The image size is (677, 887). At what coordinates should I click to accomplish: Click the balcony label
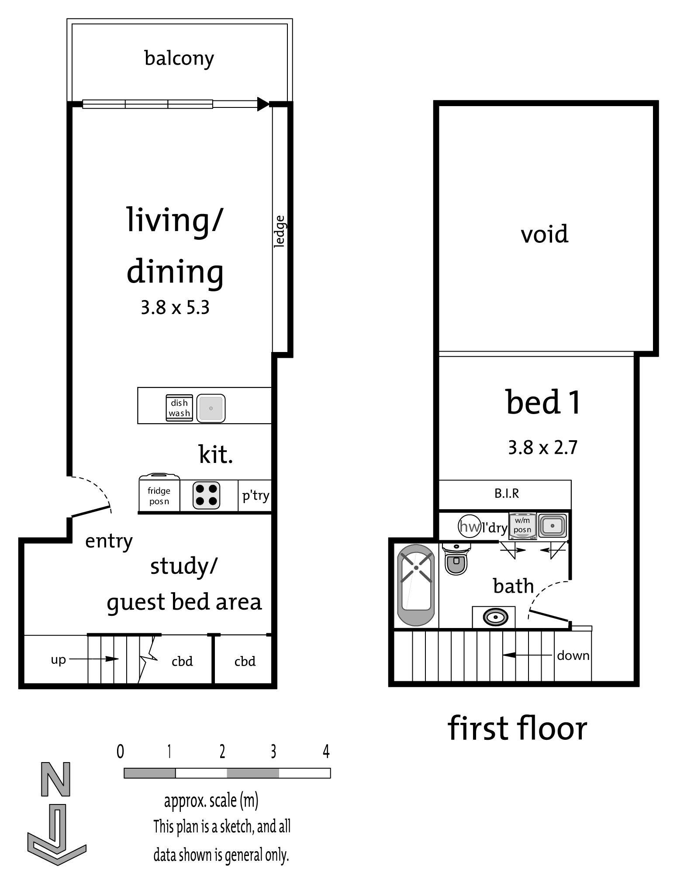pyautogui.click(x=179, y=59)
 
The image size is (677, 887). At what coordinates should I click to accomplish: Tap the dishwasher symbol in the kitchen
pyautogui.click(x=179, y=408)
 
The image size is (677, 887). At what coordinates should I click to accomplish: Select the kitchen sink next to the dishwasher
pyautogui.click(x=211, y=408)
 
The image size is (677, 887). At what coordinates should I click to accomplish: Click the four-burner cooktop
pyautogui.click(x=206, y=495)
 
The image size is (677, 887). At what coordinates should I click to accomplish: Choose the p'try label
pyautogui.click(x=256, y=496)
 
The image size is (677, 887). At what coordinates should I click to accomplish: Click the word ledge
pyautogui.click(x=280, y=231)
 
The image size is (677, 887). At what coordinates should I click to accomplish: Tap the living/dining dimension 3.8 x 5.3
pyautogui.click(x=175, y=308)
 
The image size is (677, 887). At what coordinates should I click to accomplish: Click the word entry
pyautogui.click(x=109, y=542)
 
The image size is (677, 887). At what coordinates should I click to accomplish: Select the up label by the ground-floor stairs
pyautogui.click(x=58, y=659)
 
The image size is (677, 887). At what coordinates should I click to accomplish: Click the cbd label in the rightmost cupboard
pyautogui.click(x=245, y=661)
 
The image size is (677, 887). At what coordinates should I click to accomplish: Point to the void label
pyautogui.click(x=545, y=234)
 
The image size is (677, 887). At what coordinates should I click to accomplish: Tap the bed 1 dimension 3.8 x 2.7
pyautogui.click(x=542, y=448)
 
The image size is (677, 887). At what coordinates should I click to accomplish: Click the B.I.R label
pyautogui.click(x=507, y=494)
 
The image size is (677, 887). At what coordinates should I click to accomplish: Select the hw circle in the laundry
pyautogui.click(x=470, y=526)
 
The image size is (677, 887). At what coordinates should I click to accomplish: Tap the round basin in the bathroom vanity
pyautogui.click(x=495, y=618)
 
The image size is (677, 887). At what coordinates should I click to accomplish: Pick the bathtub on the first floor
pyautogui.click(x=416, y=585)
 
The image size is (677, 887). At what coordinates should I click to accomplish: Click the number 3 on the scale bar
pyautogui.click(x=273, y=752)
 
